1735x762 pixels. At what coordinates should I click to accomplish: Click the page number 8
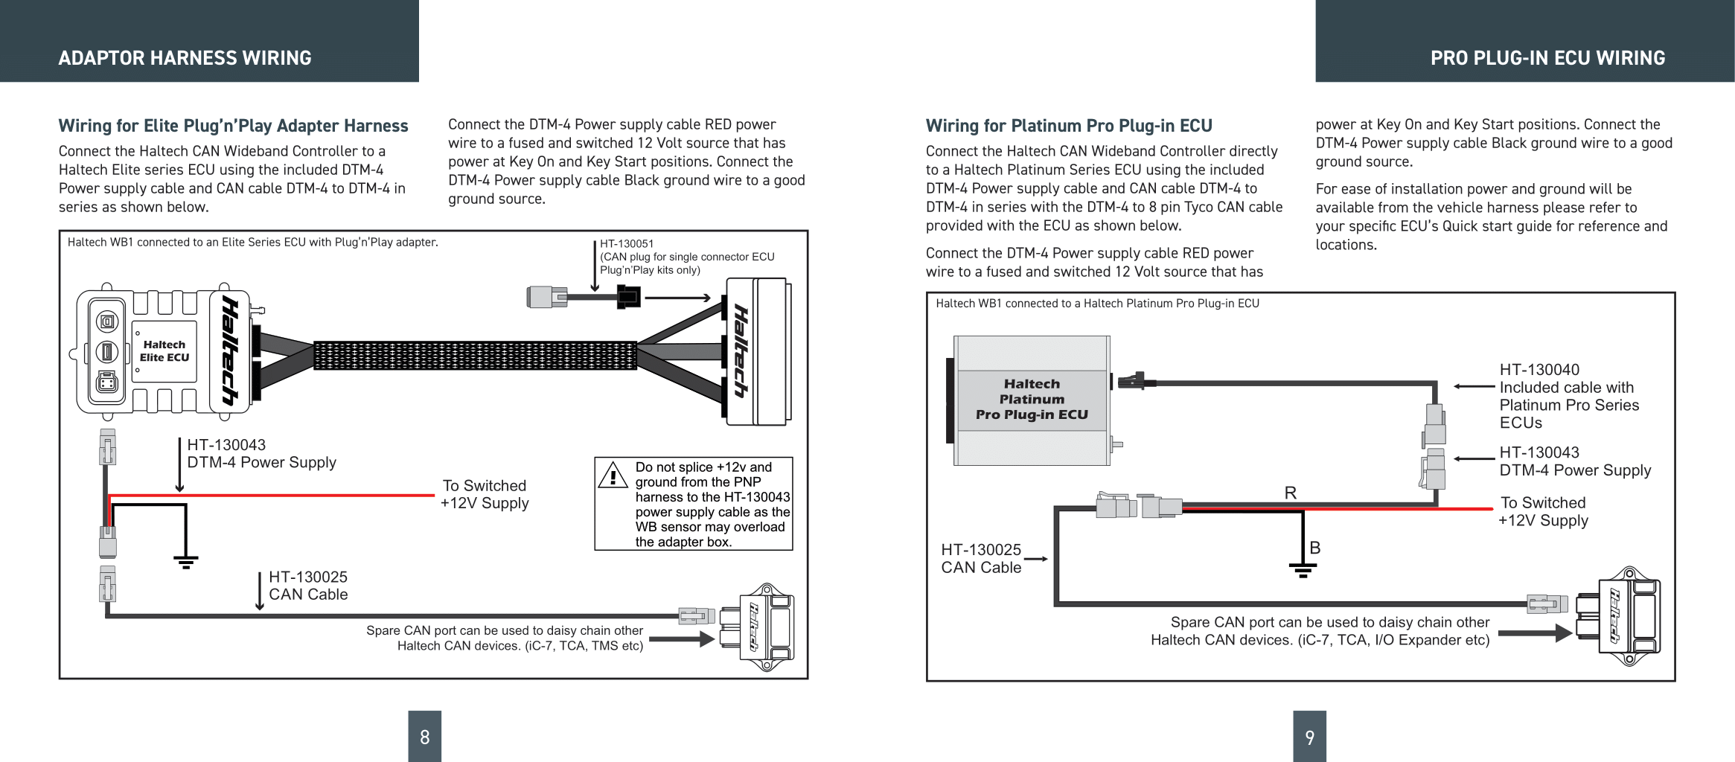(424, 737)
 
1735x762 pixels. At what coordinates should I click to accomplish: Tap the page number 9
(1309, 737)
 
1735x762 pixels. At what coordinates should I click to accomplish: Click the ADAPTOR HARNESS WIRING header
(185, 58)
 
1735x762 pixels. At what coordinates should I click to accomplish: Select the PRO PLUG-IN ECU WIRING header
(1547, 58)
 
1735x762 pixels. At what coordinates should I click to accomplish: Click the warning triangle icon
(613, 476)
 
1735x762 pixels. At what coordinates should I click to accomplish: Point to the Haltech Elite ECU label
(164, 351)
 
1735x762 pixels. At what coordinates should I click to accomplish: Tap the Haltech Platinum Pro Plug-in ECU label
(1032, 400)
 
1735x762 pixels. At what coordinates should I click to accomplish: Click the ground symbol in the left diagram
(185, 561)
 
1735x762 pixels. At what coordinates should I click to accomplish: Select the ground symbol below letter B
(1303, 571)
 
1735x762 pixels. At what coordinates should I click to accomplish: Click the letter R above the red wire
(1290, 493)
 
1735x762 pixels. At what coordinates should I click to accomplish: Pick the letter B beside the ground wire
(1314, 548)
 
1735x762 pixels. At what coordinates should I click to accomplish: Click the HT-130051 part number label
(627, 243)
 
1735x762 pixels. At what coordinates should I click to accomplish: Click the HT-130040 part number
(1539, 370)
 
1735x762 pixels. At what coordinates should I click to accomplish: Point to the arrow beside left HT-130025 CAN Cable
(259, 591)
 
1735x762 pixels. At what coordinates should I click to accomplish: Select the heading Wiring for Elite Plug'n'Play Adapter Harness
(233, 126)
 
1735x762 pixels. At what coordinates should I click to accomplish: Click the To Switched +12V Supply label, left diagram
(485, 494)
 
